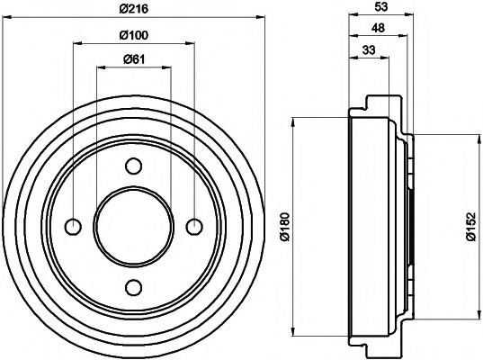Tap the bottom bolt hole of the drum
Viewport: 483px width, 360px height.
[134, 287]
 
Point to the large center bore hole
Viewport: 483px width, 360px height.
[134, 226]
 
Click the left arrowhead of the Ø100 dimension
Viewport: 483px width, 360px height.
[76, 42]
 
